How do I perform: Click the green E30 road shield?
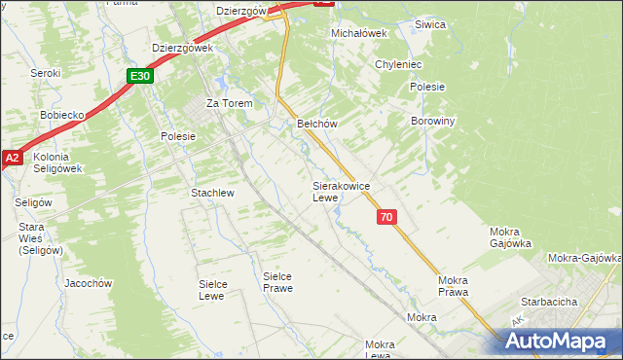tap(140, 76)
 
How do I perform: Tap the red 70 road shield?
tap(387, 218)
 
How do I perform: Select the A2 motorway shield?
tap(12, 156)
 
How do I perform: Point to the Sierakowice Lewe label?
tap(339, 191)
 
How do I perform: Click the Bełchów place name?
tap(316, 125)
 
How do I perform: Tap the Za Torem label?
tap(229, 103)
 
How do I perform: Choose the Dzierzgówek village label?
tap(182, 47)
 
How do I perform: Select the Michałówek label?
tap(359, 32)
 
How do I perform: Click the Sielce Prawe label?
tap(277, 282)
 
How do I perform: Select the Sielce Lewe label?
tap(218, 289)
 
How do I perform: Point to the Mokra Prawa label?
tap(454, 285)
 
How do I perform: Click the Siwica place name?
tap(429, 24)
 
